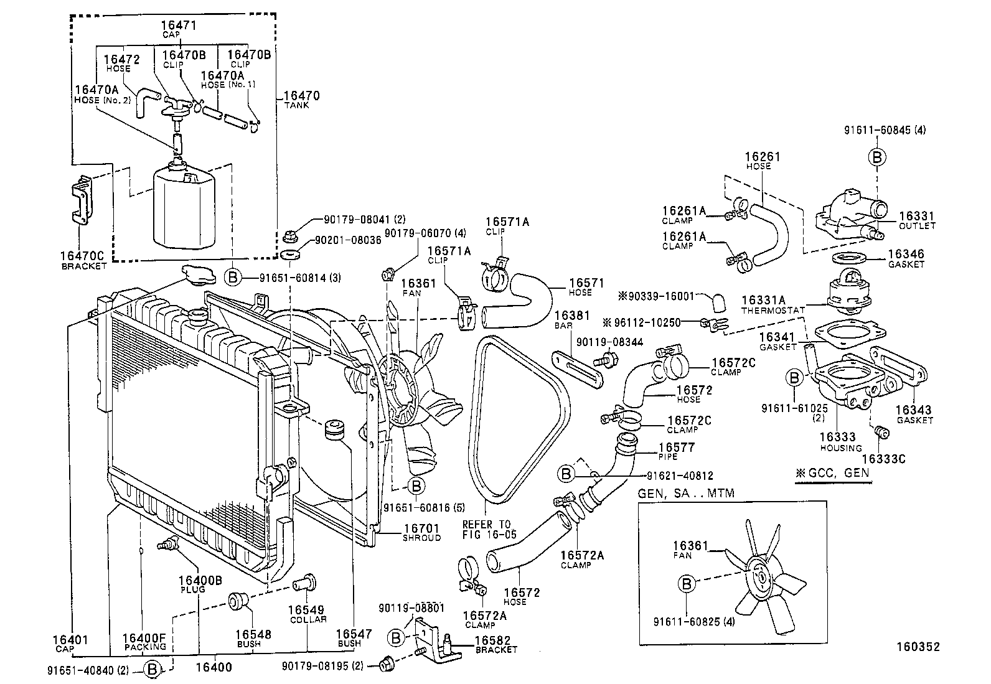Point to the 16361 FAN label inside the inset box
click(x=690, y=549)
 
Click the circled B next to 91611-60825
click(x=687, y=584)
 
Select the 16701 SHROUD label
click(x=421, y=532)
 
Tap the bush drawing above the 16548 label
click(x=238, y=602)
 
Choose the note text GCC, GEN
click(x=832, y=472)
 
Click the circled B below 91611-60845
click(x=876, y=157)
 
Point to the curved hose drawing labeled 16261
click(x=771, y=230)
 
